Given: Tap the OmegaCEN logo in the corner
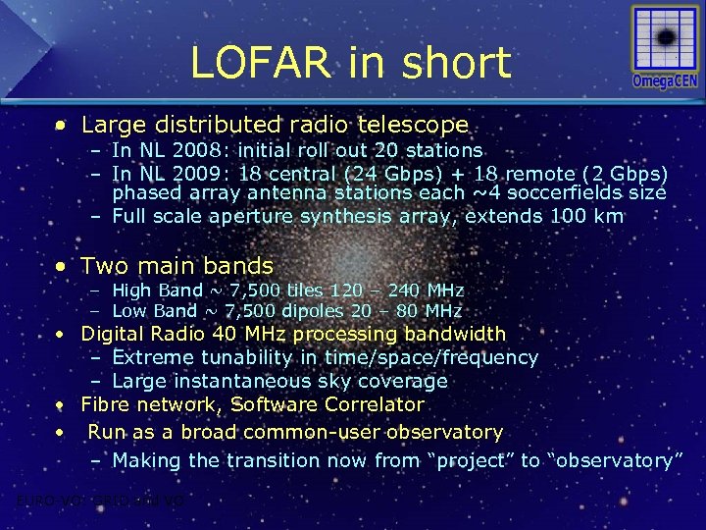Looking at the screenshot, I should point(665,47).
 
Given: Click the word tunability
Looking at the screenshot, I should point(240,358).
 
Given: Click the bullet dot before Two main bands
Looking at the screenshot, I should point(62,267).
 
